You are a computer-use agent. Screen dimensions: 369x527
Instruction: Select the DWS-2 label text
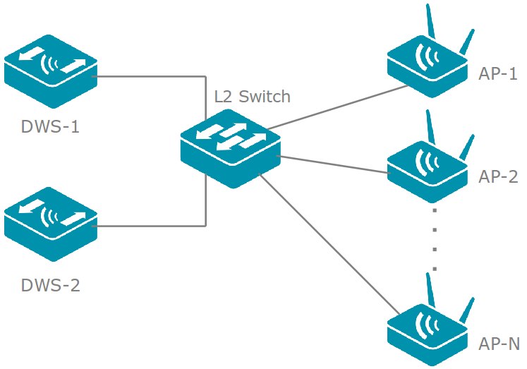pos(49,286)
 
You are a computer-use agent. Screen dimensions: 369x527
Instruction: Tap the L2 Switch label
pos(252,96)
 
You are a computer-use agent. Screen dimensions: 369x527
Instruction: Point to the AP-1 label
pos(498,74)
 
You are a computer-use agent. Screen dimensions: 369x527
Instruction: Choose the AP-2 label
pos(498,176)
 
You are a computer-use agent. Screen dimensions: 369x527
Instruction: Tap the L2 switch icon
pos(229,148)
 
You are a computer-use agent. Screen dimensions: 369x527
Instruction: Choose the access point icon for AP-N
pos(426,332)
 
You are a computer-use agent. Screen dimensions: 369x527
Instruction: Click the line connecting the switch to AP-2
pos(335,164)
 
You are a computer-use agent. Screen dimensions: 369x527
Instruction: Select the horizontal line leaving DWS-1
pos(148,76)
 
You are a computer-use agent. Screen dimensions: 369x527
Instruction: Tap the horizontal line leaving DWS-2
pos(148,226)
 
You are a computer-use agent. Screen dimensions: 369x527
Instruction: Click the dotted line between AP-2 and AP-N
pos(435,240)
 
